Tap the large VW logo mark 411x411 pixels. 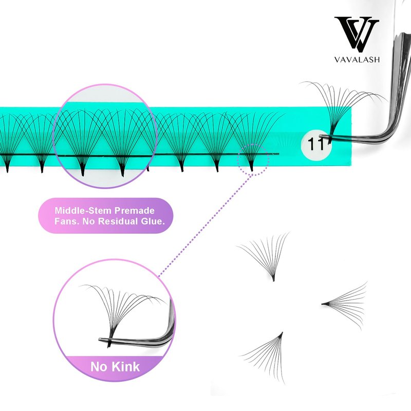356,34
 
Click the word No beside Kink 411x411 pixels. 98,367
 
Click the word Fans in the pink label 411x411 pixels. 66,222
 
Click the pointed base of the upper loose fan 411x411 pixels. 273,279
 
